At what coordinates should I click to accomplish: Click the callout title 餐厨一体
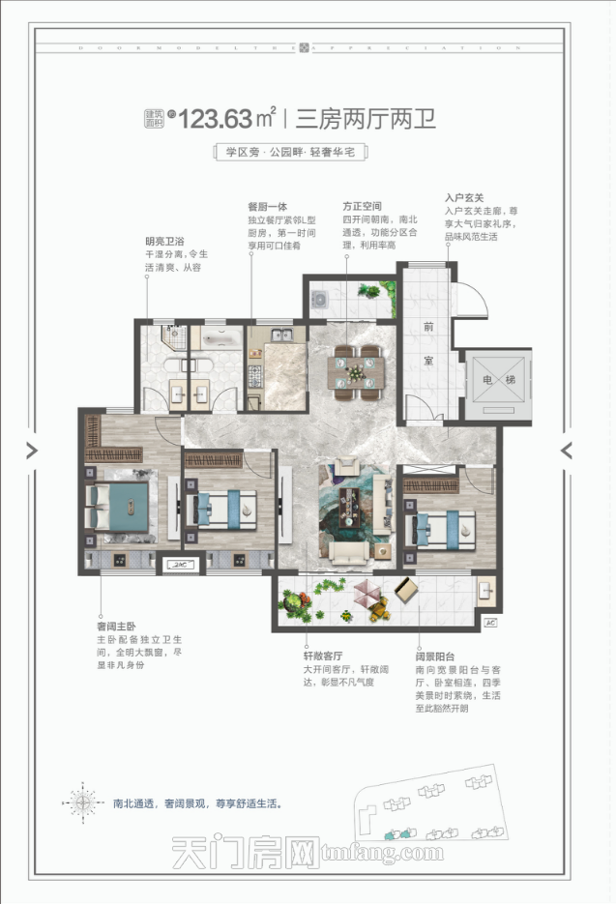click(265, 206)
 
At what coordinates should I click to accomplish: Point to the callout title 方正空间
click(362, 206)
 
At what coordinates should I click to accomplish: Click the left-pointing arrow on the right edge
click(567, 450)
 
